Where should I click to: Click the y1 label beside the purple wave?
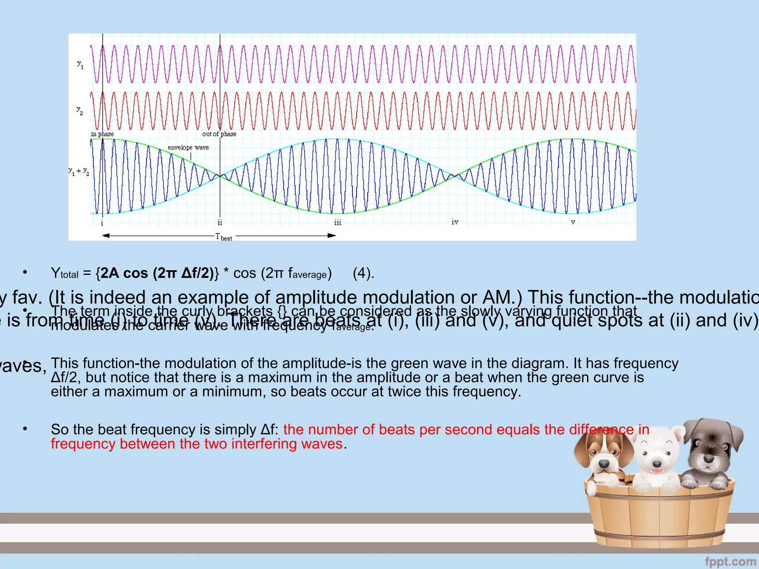click(80, 65)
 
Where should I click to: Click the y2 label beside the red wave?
click(80, 110)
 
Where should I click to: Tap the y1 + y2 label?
click(79, 171)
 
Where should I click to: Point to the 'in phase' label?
click(102, 134)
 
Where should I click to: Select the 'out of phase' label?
click(219, 134)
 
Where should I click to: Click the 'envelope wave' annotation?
click(188, 147)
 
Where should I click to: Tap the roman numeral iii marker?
click(338, 222)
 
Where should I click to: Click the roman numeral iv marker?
click(455, 222)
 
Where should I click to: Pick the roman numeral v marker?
click(573, 222)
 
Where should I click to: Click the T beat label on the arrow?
click(224, 237)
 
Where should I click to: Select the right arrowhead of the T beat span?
click(332, 235)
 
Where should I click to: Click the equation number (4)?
click(363, 273)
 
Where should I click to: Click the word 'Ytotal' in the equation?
click(65, 273)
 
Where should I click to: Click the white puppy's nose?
click(656, 464)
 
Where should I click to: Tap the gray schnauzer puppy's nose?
click(709, 459)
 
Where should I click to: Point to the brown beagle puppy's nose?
click(604, 463)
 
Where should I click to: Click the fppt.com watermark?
click(730, 562)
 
